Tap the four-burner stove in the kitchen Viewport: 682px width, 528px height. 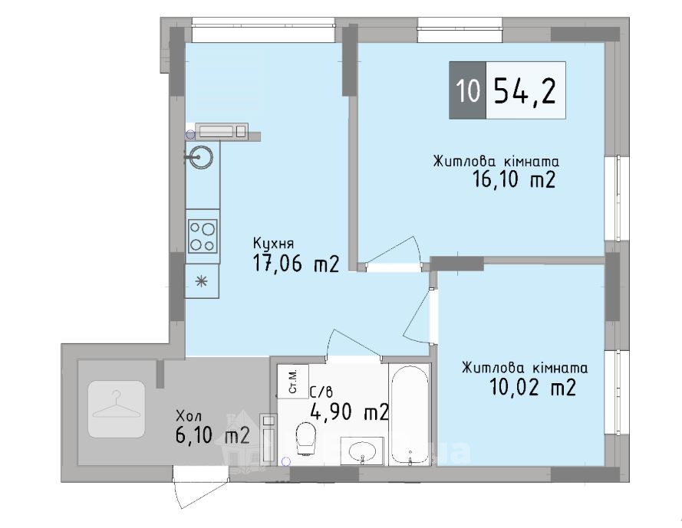click(203, 236)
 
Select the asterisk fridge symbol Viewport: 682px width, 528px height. click(202, 281)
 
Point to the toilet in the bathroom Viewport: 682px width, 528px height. click(305, 438)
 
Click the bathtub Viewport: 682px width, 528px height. click(410, 415)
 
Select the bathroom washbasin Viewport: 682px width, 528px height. click(362, 451)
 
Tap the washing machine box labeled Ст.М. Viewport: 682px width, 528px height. click(293, 382)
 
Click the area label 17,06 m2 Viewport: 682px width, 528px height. click(296, 264)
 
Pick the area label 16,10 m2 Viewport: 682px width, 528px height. click(514, 179)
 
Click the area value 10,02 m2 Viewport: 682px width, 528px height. click(533, 387)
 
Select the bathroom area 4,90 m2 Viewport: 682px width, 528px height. click(349, 412)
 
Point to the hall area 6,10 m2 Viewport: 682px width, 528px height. click(213, 435)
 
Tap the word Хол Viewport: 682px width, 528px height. click(189, 416)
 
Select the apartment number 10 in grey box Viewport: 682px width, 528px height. click(468, 91)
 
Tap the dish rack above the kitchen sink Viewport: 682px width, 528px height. click(222, 130)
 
